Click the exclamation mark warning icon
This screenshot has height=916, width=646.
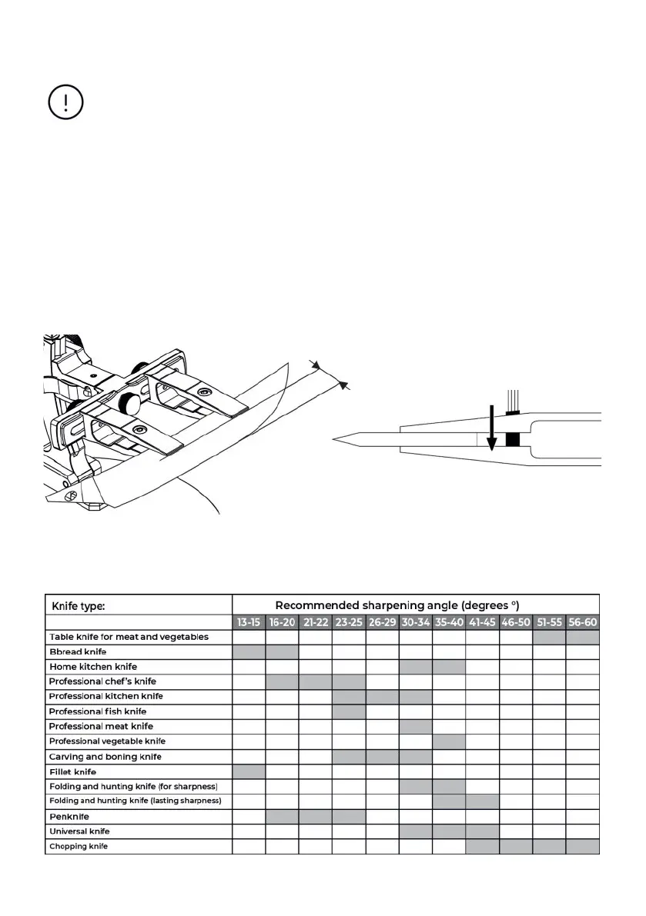click(65, 102)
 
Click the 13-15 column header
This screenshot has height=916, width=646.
click(249, 622)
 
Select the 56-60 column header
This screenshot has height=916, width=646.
click(582, 622)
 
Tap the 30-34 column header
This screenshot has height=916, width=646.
click(416, 622)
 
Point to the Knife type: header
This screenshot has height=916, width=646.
click(78, 605)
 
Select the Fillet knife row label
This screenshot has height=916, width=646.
click(72, 771)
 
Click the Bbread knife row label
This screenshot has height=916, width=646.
click(78, 651)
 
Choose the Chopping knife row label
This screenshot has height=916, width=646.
click(79, 846)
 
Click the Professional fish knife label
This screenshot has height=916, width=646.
click(97, 711)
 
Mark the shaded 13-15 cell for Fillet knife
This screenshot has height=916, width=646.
click(249, 771)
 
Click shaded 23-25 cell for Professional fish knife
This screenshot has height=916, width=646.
click(349, 711)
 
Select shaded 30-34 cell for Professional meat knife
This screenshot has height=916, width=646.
click(416, 726)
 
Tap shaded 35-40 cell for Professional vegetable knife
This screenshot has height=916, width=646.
click(449, 741)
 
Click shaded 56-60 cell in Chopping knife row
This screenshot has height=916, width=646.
click(582, 846)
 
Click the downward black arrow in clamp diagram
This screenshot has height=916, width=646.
click(490, 431)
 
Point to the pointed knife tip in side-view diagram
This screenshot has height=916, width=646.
click(336, 439)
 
